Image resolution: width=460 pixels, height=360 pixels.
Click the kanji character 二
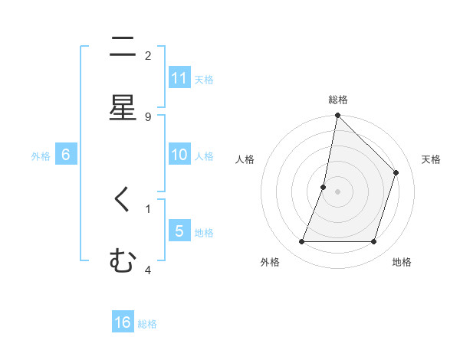pyautogui.click(x=123, y=47)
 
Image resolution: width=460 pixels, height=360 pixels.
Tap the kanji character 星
pyautogui.click(x=123, y=107)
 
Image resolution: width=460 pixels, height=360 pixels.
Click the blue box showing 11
pyautogui.click(x=179, y=77)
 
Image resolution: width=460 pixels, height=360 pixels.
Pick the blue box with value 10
pyautogui.click(x=179, y=154)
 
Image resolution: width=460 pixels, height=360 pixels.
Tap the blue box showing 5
pyautogui.click(x=179, y=231)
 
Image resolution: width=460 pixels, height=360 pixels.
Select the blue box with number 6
pyautogui.click(x=66, y=154)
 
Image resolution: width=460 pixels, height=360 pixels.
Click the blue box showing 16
pyautogui.click(x=123, y=322)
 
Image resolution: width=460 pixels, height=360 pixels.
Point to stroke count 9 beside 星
pyautogui.click(x=148, y=116)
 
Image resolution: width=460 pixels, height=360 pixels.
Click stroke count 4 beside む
pyautogui.click(x=148, y=270)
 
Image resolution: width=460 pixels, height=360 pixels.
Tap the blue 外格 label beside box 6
pyautogui.click(x=41, y=155)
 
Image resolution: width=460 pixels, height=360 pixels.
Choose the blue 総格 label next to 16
pyautogui.click(x=147, y=324)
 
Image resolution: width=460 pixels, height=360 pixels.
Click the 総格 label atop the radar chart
pyautogui.click(x=338, y=100)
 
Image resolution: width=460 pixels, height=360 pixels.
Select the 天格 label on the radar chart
pyautogui.click(x=431, y=159)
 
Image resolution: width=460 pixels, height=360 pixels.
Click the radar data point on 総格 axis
pyautogui.click(x=337, y=116)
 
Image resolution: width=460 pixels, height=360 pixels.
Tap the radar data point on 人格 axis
pyautogui.click(x=324, y=186)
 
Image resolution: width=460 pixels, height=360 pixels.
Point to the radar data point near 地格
pyautogui.click(x=373, y=242)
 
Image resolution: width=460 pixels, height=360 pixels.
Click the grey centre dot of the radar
pyautogui.click(x=337, y=191)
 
